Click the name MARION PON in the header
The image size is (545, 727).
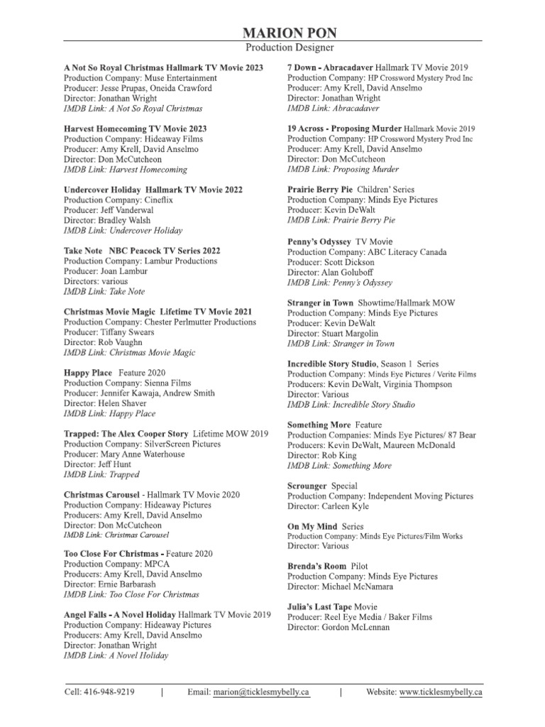290,33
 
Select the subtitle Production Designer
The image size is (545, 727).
290,48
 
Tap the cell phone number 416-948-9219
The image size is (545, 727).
109,692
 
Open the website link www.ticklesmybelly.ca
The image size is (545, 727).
441,692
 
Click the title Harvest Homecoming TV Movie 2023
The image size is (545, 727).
135,129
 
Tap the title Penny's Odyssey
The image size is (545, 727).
319,241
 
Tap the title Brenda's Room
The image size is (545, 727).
317,567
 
